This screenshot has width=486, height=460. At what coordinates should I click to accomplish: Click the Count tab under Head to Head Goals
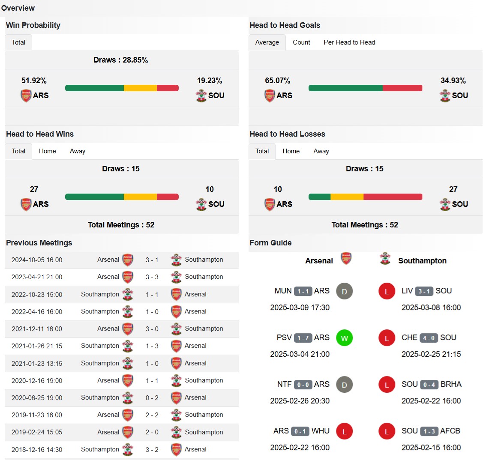pyautogui.click(x=301, y=42)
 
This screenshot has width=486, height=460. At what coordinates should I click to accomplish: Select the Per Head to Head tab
pyautogui.click(x=349, y=42)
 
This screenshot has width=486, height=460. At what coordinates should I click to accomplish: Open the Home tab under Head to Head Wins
pyautogui.click(x=47, y=151)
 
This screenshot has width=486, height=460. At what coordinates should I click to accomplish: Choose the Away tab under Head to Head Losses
pyautogui.click(x=321, y=151)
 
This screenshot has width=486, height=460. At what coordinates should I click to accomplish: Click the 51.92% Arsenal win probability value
pyautogui.click(x=34, y=81)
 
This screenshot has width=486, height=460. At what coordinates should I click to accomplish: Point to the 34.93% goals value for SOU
pyautogui.click(x=453, y=81)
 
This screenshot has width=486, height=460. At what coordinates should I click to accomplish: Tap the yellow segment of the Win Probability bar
pyautogui.click(x=140, y=88)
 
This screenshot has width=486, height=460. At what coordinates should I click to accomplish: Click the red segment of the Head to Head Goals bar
pyautogui.click(x=402, y=88)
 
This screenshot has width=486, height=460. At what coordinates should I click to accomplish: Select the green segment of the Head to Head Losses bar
pyautogui.click(x=319, y=197)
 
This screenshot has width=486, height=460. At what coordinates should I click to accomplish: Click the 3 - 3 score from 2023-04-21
pyautogui.click(x=152, y=277)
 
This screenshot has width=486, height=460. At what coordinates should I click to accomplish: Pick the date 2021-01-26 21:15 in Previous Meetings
pyautogui.click(x=37, y=346)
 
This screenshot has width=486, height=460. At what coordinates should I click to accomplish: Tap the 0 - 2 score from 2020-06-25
pyautogui.click(x=152, y=398)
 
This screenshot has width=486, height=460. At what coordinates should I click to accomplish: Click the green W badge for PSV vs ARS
pyautogui.click(x=344, y=338)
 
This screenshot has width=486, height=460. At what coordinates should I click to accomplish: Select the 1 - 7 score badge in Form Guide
pyautogui.click(x=303, y=338)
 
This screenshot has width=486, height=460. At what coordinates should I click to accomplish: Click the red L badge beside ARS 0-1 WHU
pyautogui.click(x=344, y=431)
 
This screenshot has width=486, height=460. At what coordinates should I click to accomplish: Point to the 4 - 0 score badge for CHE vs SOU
pyautogui.click(x=429, y=338)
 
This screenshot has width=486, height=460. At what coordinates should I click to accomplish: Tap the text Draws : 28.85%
pyautogui.click(x=121, y=60)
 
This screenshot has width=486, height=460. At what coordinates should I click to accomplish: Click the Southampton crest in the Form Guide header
pyautogui.click(x=385, y=259)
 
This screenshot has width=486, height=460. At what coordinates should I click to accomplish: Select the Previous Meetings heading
pyautogui.click(x=39, y=243)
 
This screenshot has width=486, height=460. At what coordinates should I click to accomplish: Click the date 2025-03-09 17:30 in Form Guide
pyautogui.click(x=300, y=308)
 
